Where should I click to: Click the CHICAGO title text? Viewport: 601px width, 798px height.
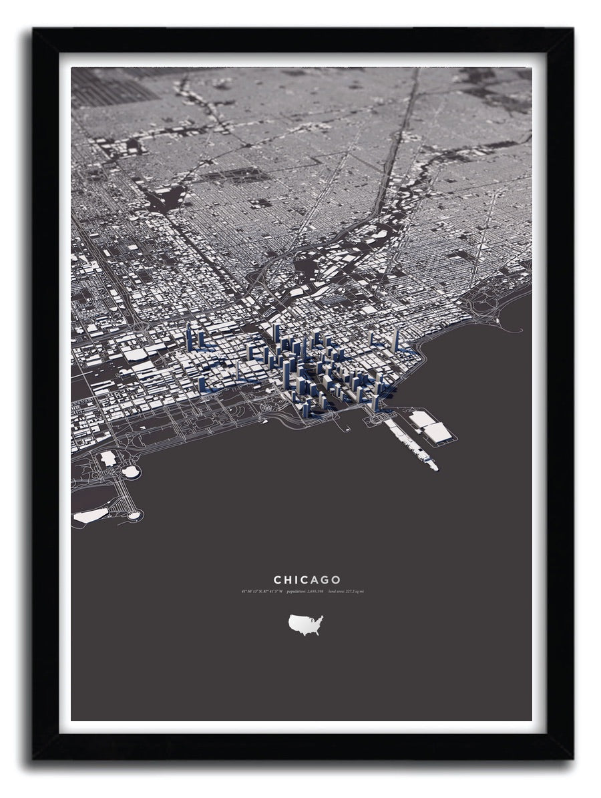307,580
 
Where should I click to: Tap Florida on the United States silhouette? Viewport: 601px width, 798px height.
319,632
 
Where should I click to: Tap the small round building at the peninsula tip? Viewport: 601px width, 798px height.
135,515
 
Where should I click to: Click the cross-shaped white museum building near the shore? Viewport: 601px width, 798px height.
108,459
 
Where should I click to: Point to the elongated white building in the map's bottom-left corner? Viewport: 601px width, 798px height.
90,516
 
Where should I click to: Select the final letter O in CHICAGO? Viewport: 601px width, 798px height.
336,580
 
